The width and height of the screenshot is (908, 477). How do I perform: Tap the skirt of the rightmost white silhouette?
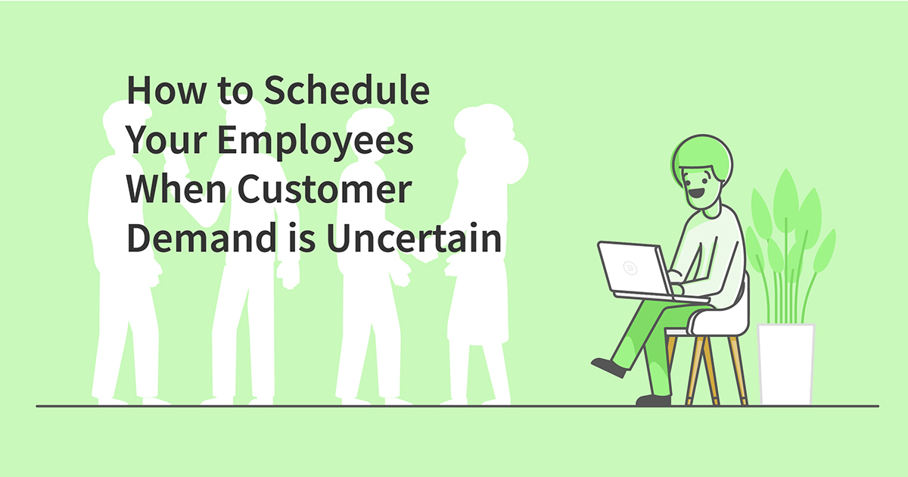[x=477, y=303]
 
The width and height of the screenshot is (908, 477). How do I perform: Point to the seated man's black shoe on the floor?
[x=652, y=399]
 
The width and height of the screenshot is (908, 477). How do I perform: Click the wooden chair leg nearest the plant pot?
[x=738, y=371]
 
